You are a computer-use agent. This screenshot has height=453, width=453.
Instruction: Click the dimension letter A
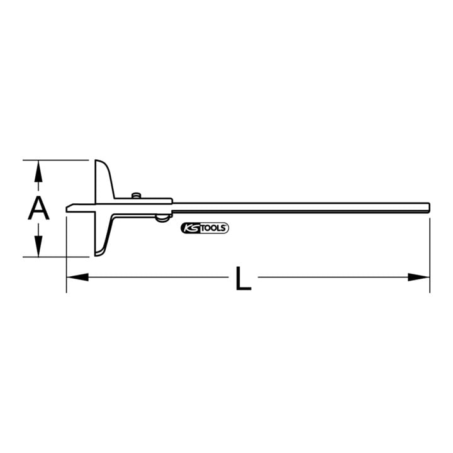(39, 208)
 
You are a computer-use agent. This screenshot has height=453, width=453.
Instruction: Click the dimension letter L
(243, 278)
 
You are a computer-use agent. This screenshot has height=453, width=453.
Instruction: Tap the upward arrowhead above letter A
(38, 172)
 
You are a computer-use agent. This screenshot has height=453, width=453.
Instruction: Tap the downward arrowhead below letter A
(38, 246)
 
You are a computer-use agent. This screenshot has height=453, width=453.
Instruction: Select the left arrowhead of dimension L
(77, 277)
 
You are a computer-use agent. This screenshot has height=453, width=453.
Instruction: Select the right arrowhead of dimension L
(418, 277)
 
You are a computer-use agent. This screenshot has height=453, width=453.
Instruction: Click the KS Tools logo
(205, 228)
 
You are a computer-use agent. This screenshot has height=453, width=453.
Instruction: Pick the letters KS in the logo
(191, 228)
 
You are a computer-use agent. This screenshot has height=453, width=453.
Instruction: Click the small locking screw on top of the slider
(136, 196)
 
